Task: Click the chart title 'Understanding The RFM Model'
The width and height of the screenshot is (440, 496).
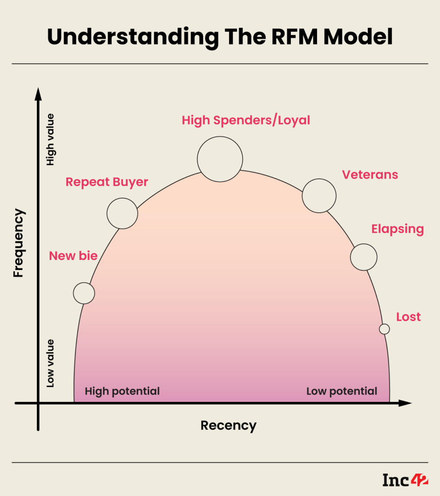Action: point(220,37)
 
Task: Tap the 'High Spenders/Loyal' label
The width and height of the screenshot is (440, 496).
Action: point(246,120)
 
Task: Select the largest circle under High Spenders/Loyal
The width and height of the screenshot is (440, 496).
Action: point(220,159)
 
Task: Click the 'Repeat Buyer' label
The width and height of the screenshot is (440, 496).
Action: point(107,182)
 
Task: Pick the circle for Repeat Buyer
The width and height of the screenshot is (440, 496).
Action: point(122,213)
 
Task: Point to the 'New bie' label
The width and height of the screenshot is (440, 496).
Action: point(73,256)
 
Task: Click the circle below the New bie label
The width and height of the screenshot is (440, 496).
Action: point(84,293)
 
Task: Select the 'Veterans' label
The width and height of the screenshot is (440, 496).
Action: point(370,175)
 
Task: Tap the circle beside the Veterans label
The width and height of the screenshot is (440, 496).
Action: point(319,195)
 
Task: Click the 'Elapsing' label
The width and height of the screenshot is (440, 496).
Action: point(397,229)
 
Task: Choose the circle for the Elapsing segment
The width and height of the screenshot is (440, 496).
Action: point(364,257)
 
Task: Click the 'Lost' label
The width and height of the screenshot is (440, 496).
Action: point(408,317)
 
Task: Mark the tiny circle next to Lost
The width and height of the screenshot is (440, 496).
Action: point(385,329)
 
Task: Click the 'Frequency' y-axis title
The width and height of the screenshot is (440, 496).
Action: point(18,243)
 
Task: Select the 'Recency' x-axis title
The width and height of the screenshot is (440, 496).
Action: point(228,426)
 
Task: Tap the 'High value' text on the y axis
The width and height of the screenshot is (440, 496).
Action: point(50,140)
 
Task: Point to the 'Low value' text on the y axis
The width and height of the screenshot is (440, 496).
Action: point(50,363)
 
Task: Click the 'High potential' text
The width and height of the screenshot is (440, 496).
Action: point(122,391)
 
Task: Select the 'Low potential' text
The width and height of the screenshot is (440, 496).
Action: point(342,391)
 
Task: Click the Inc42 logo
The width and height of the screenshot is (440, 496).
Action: point(405,480)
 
